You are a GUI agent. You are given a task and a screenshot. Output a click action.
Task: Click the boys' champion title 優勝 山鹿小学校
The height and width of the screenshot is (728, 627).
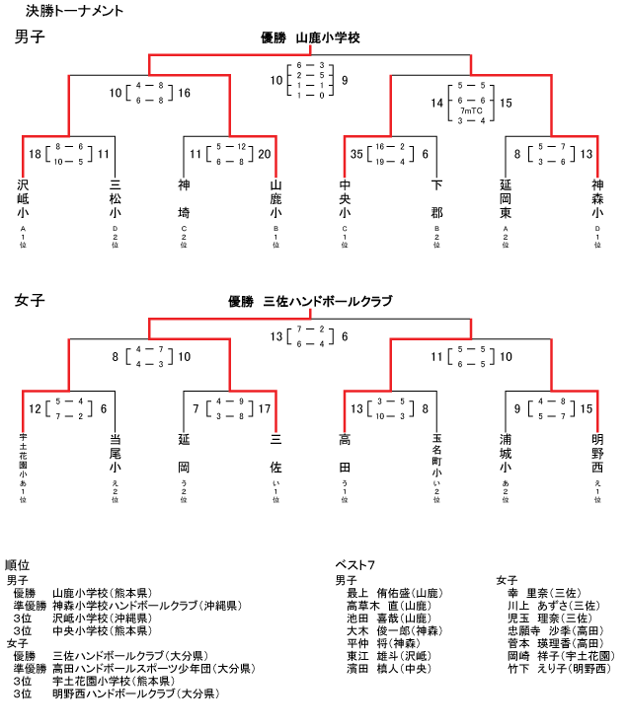pos(309,38)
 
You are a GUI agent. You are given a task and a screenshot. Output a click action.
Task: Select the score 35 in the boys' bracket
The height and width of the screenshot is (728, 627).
pos(356,153)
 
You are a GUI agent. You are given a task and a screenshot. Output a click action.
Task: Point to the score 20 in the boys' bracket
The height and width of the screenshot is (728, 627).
pos(264,153)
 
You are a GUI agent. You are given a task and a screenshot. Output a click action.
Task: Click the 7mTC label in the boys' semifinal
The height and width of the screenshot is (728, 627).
pos(470,111)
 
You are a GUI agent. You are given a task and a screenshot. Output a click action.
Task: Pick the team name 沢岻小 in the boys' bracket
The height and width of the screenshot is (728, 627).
pos(23,198)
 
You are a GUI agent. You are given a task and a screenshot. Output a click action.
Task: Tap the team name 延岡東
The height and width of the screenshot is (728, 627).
pos(506,198)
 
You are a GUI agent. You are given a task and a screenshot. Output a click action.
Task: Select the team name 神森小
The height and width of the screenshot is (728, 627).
pos(597,198)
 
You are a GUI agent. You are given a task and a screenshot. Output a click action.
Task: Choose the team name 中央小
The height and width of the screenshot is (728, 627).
pos(346,198)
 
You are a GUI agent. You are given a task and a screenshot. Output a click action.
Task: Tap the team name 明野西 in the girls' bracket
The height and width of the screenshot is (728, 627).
pos(597,451)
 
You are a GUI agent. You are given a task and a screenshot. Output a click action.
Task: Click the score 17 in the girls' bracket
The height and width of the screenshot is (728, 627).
pos(264,408)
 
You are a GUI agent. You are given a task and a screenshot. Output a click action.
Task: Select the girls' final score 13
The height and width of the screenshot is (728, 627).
pos(276,336)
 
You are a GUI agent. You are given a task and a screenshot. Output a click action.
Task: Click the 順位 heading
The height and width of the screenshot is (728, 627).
pos(17,565)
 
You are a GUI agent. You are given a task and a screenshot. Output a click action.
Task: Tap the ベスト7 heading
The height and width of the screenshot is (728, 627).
pos(354,565)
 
